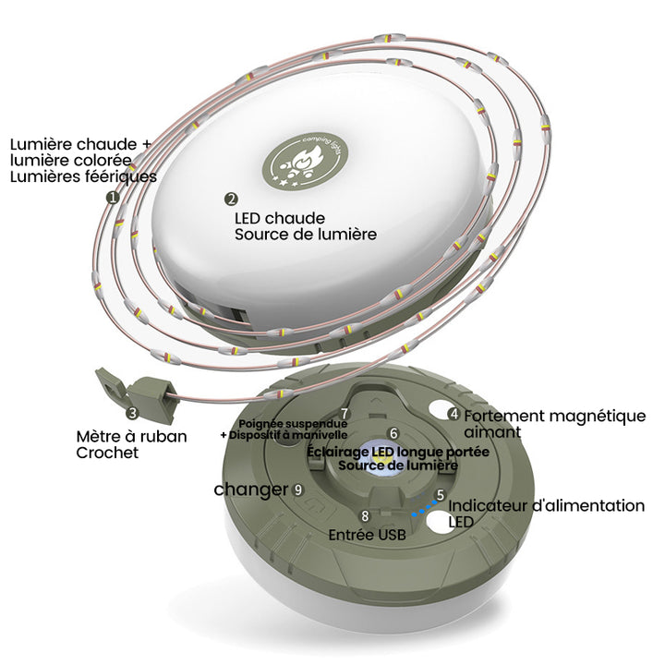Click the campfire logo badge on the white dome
coord(305,162)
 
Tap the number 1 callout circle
coord(113,198)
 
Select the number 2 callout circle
coord(231,199)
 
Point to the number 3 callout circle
coord(133,413)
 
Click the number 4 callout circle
coord(453,414)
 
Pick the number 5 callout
coord(441,494)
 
